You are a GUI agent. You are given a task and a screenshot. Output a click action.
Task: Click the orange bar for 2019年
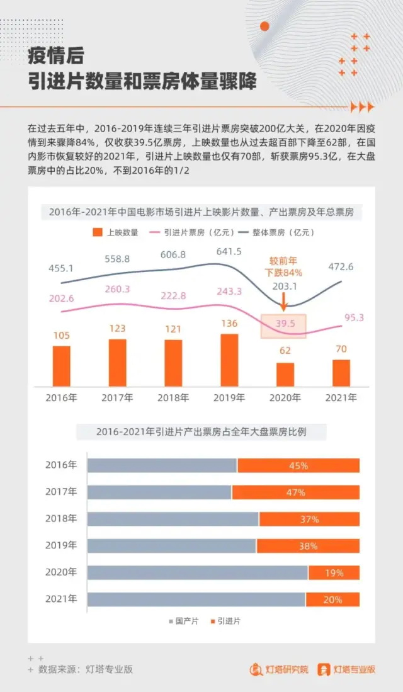point(229,360)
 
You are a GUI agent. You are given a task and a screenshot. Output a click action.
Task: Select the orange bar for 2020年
point(285,374)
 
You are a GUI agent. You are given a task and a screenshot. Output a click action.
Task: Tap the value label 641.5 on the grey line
point(229,251)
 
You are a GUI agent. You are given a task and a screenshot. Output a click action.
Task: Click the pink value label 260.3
point(118,289)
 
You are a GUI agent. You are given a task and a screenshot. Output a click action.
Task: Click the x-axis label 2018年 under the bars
point(173,398)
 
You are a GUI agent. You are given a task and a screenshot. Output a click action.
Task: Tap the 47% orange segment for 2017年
point(295,492)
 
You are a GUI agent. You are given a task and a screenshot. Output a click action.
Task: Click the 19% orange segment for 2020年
point(334,573)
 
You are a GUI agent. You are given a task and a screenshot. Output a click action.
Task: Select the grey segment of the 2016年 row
point(162,465)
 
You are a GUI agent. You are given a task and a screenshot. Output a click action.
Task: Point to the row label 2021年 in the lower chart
point(61,599)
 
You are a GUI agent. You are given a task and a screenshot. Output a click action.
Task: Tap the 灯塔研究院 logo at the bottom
point(279,669)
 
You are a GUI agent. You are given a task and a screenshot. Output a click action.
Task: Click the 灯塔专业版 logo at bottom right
point(346,669)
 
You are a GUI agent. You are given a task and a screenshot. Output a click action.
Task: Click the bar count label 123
point(117,329)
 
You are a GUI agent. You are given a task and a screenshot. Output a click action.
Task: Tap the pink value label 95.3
point(354,317)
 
